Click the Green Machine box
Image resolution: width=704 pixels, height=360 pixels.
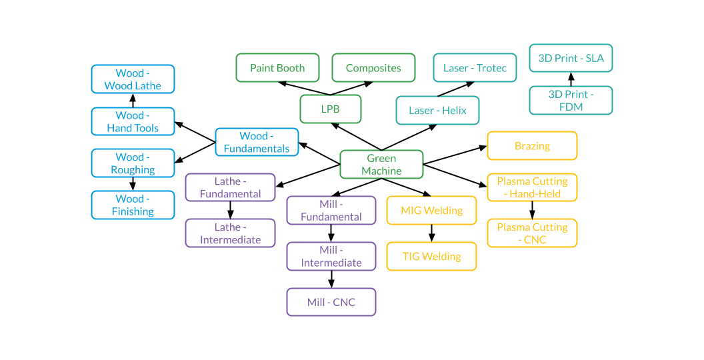pyautogui.click(x=381, y=165)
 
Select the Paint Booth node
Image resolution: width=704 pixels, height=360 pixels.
pyautogui.click(x=277, y=68)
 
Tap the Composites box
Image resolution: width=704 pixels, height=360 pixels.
pyautogui.click(x=373, y=68)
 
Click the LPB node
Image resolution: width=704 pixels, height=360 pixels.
pyautogui.click(x=331, y=109)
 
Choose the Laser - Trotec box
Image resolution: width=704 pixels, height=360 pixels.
pyautogui.click(x=475, y=68)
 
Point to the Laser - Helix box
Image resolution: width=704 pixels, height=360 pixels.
pyautogui.click(x=437, y=111)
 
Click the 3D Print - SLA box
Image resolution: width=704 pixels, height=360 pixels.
pyautogui.click(x=571, y=59)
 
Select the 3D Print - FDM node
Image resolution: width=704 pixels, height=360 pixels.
pyautogui.click(x=571, y=101)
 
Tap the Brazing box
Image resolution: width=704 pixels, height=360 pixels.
pyautogui.click(x=532, y=146)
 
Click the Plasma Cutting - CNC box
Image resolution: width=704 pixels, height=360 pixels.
pyautogui.click(x=532, y=233)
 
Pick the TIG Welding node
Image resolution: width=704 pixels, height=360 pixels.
pyautogui.click(x=431, y=257)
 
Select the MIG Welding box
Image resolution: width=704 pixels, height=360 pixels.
pyautogui.click(x=431, y=211)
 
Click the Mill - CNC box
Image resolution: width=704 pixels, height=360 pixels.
pyautogui.click(x=331, y=302)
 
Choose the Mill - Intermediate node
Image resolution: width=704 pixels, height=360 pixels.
pyautogui.click(x=331, y=257)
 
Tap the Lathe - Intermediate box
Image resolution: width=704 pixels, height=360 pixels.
pyautogui.click(x=230, y=233)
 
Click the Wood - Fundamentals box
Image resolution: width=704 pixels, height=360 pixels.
pyautogui.click(x=257, y=143)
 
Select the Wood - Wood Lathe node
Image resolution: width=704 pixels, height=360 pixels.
pyautogui.click(x=133, y=79)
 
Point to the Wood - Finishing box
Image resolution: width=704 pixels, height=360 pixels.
pyautogui.click(x=133, y=205)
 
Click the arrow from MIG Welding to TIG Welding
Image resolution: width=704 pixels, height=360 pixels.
pyautogui.click(x=431, y=233)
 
